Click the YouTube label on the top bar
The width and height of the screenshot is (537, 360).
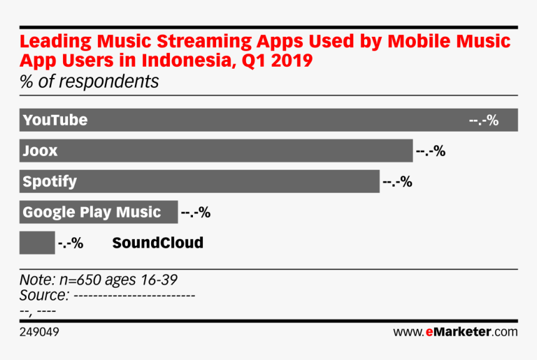pos(55,120)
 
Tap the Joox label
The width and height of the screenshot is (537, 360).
pos(40,151)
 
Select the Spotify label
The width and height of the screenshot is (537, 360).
pos(49,182)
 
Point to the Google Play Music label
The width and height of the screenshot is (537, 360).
pos(92,212)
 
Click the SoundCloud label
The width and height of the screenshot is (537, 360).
pos(157,243)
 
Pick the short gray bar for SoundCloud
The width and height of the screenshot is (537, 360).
pos(37,243)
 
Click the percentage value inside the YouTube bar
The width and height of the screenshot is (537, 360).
pos(483,120)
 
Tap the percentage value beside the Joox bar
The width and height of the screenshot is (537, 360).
pos(430,151)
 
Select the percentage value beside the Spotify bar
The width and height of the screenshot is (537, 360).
pos(397,182)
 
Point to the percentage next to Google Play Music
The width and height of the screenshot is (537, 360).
pos(195,212)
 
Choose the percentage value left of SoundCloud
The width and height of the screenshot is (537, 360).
pos(71,243)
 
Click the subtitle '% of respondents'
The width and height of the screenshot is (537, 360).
pos(89,81)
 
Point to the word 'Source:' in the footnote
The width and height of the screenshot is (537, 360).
pos(44,294)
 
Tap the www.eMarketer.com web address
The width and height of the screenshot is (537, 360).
pos(455,332)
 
